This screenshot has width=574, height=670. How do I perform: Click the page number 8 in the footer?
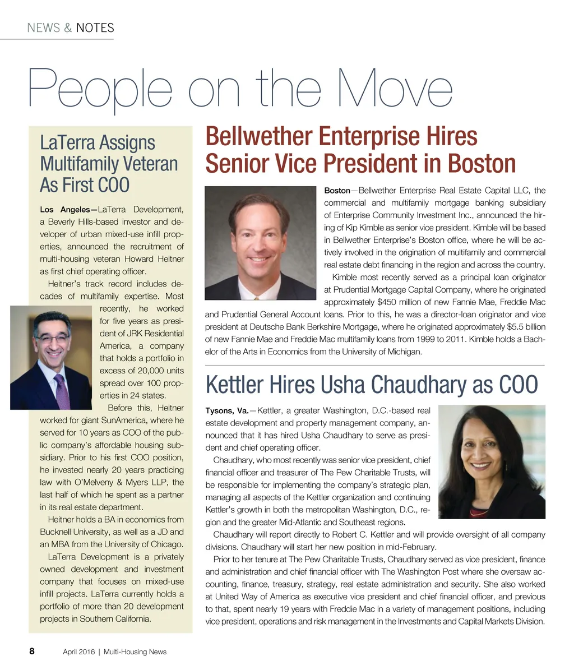coord(32,651)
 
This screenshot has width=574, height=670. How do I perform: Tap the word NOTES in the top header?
coord(95,28)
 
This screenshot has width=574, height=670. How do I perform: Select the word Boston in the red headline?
coord(481,164)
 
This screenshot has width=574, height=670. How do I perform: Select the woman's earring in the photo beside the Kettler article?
coord(506,465)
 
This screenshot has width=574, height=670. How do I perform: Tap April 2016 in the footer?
coord(78,651)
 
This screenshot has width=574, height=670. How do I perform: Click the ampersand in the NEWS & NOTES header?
coord(68,28)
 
